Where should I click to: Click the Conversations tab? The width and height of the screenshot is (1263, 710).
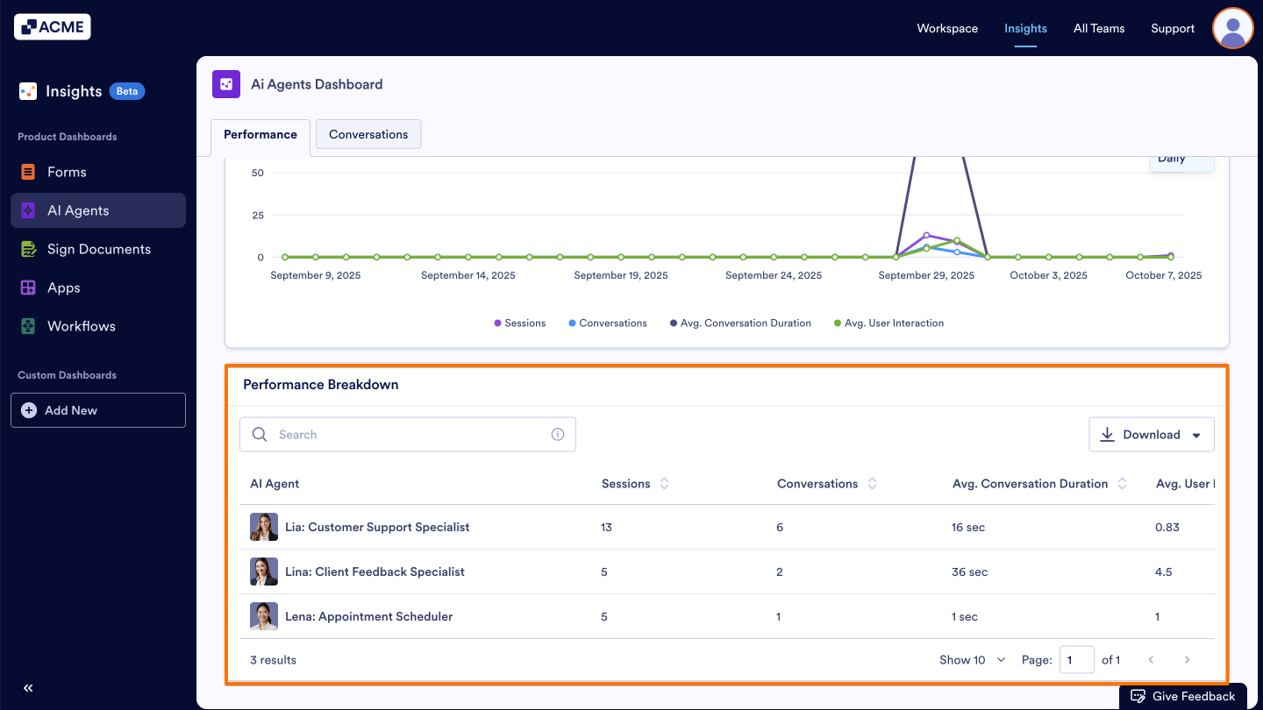tap(368, 134)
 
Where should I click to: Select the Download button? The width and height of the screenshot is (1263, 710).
tap(1151, 435)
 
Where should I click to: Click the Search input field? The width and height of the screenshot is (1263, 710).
tap(408, 435)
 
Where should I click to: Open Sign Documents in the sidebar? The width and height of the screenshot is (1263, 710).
tap(98, 249)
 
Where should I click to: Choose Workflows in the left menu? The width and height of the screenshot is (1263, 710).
tap(81, 326)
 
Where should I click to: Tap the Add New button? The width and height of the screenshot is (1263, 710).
tap(98, 410)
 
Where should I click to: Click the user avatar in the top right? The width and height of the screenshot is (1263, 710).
tap(1232, 28)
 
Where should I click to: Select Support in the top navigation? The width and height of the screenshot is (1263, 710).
tap(1173, 28)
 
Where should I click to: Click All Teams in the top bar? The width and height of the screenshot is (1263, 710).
tap(1099, 28)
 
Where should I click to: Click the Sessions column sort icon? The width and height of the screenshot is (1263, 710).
tap(665, 484)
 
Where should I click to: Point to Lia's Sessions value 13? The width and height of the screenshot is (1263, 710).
tap(607, 528)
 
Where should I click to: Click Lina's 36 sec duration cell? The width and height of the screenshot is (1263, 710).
tap(970, 572)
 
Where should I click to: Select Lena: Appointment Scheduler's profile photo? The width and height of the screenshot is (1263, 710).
tap(264, 616)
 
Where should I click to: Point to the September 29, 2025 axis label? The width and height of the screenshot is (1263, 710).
tap(926, 275)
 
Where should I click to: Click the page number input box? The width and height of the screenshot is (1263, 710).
tap(1076, 660)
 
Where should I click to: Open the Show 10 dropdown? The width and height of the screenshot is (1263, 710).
tap(973, 660)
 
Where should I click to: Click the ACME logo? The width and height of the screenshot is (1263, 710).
tap(53, 27)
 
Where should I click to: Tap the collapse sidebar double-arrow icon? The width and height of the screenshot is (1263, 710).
tap(28, 688)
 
